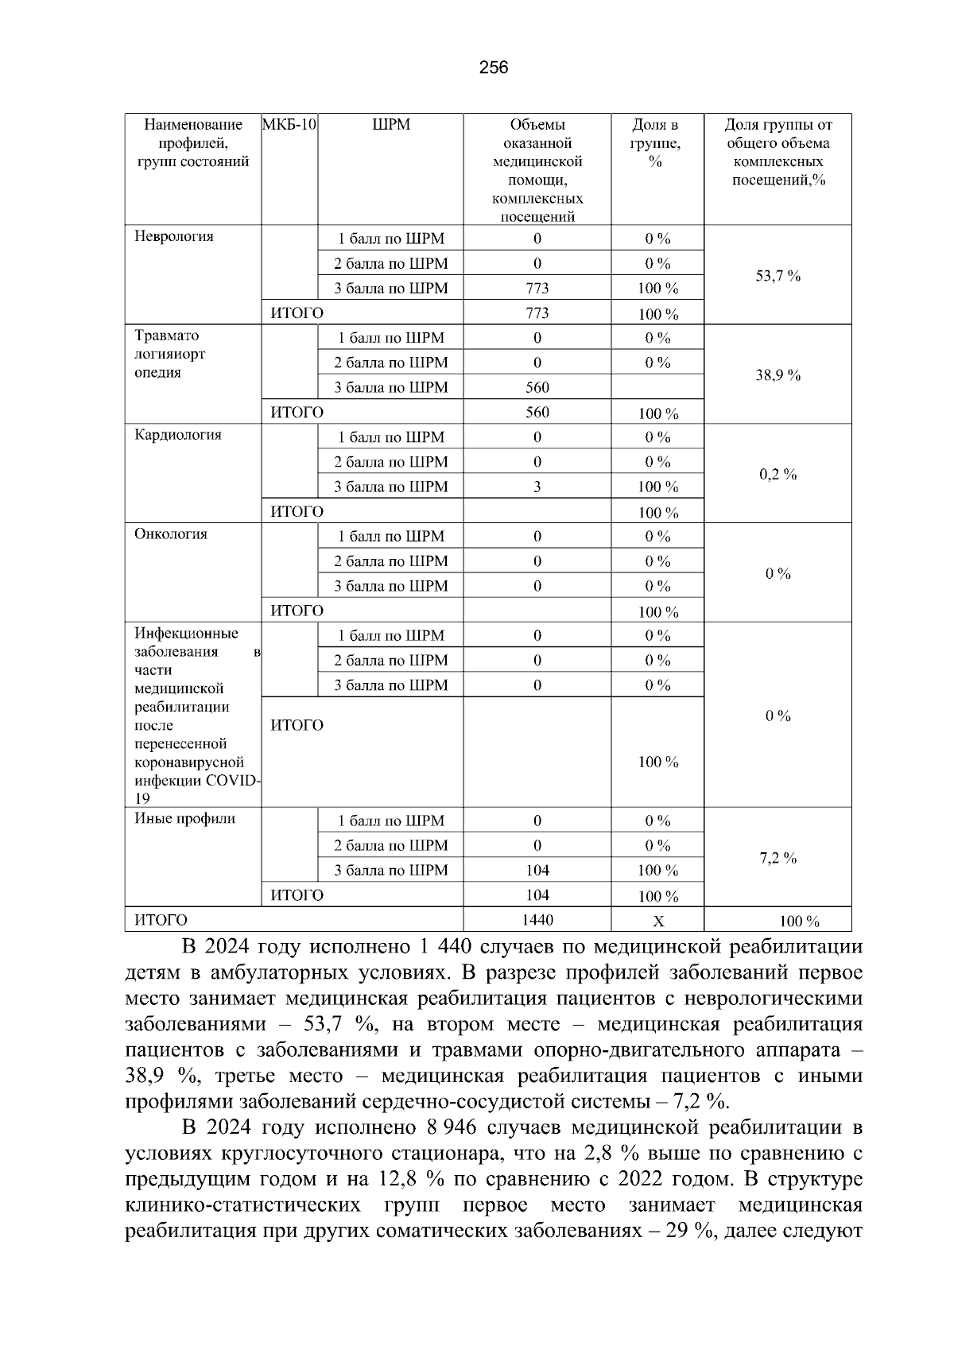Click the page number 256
click(x=494, y=68)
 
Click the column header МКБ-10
click(x=289, y=125)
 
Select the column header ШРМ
click(x=390, y=125)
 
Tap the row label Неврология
click(x=173, y=237)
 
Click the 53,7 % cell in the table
click(x=777, y=277)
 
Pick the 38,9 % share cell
click(x=777, y=376)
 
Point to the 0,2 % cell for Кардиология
click(x=777, y=475)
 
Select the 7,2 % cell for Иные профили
click(x=777, y=859)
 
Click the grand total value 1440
click(x=537, y=921)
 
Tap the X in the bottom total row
click(x=657, y=921)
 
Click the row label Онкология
click(x=170, y=534)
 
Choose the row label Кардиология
click(x=177, y=435)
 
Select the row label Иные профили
click(x=184, y=819)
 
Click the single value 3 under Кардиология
click(x=537, y=487)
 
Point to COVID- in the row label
click(x=236, y=781)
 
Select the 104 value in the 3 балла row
click(x=537, y=871)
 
